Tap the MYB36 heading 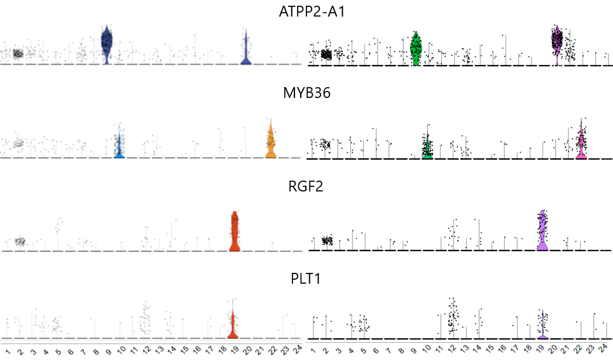click(306, 93)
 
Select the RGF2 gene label click(306, 187)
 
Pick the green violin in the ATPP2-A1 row click(416, 50)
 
